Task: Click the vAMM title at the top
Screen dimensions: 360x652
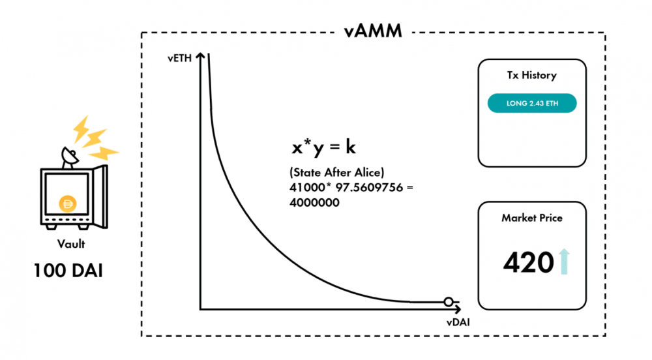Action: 374,31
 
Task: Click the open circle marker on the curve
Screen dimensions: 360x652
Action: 448,302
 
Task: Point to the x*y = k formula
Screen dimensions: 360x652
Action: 323,147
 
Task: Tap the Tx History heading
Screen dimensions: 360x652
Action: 532,75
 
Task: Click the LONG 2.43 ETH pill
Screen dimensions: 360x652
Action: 532,103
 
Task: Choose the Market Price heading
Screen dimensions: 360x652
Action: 532,218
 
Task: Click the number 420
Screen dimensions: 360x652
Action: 528,262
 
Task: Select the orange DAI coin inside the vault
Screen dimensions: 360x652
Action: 67,204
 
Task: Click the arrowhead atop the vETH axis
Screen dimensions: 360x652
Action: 201,57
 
